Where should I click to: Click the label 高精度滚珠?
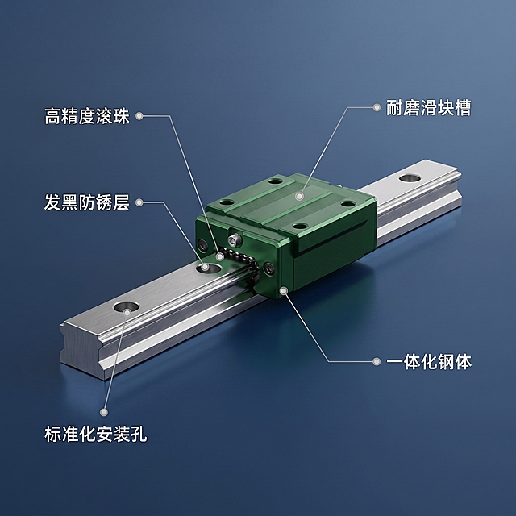click(x=87, y=116)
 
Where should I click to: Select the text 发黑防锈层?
click(x=87, y=202)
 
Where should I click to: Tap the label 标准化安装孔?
click(x=95, y=434)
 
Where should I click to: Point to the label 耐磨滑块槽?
click(x=428, y=107)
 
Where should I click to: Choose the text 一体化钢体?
click(x=429, y=361)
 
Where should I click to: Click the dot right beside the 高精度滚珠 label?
click(x=139, y=116)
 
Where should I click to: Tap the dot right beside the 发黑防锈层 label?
click(x=139, y=202)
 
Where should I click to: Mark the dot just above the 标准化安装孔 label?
click(x=104, y=412)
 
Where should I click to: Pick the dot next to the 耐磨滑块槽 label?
click(x=377, y=107)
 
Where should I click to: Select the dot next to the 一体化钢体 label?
click(x=377, y=361)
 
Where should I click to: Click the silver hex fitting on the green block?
click(x=234, y=239)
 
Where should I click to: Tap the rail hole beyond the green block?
click(x=410, y=178)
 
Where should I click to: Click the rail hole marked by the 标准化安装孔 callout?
click(x=126, y=308)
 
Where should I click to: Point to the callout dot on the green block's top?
click(x=299, y=197)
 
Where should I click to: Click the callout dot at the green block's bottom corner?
click(x=283, y=290)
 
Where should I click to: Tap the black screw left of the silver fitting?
click(x=202, y=245)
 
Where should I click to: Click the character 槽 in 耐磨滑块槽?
click(x=462, y=107)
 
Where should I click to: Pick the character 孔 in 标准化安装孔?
click(x=139, y=434)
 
